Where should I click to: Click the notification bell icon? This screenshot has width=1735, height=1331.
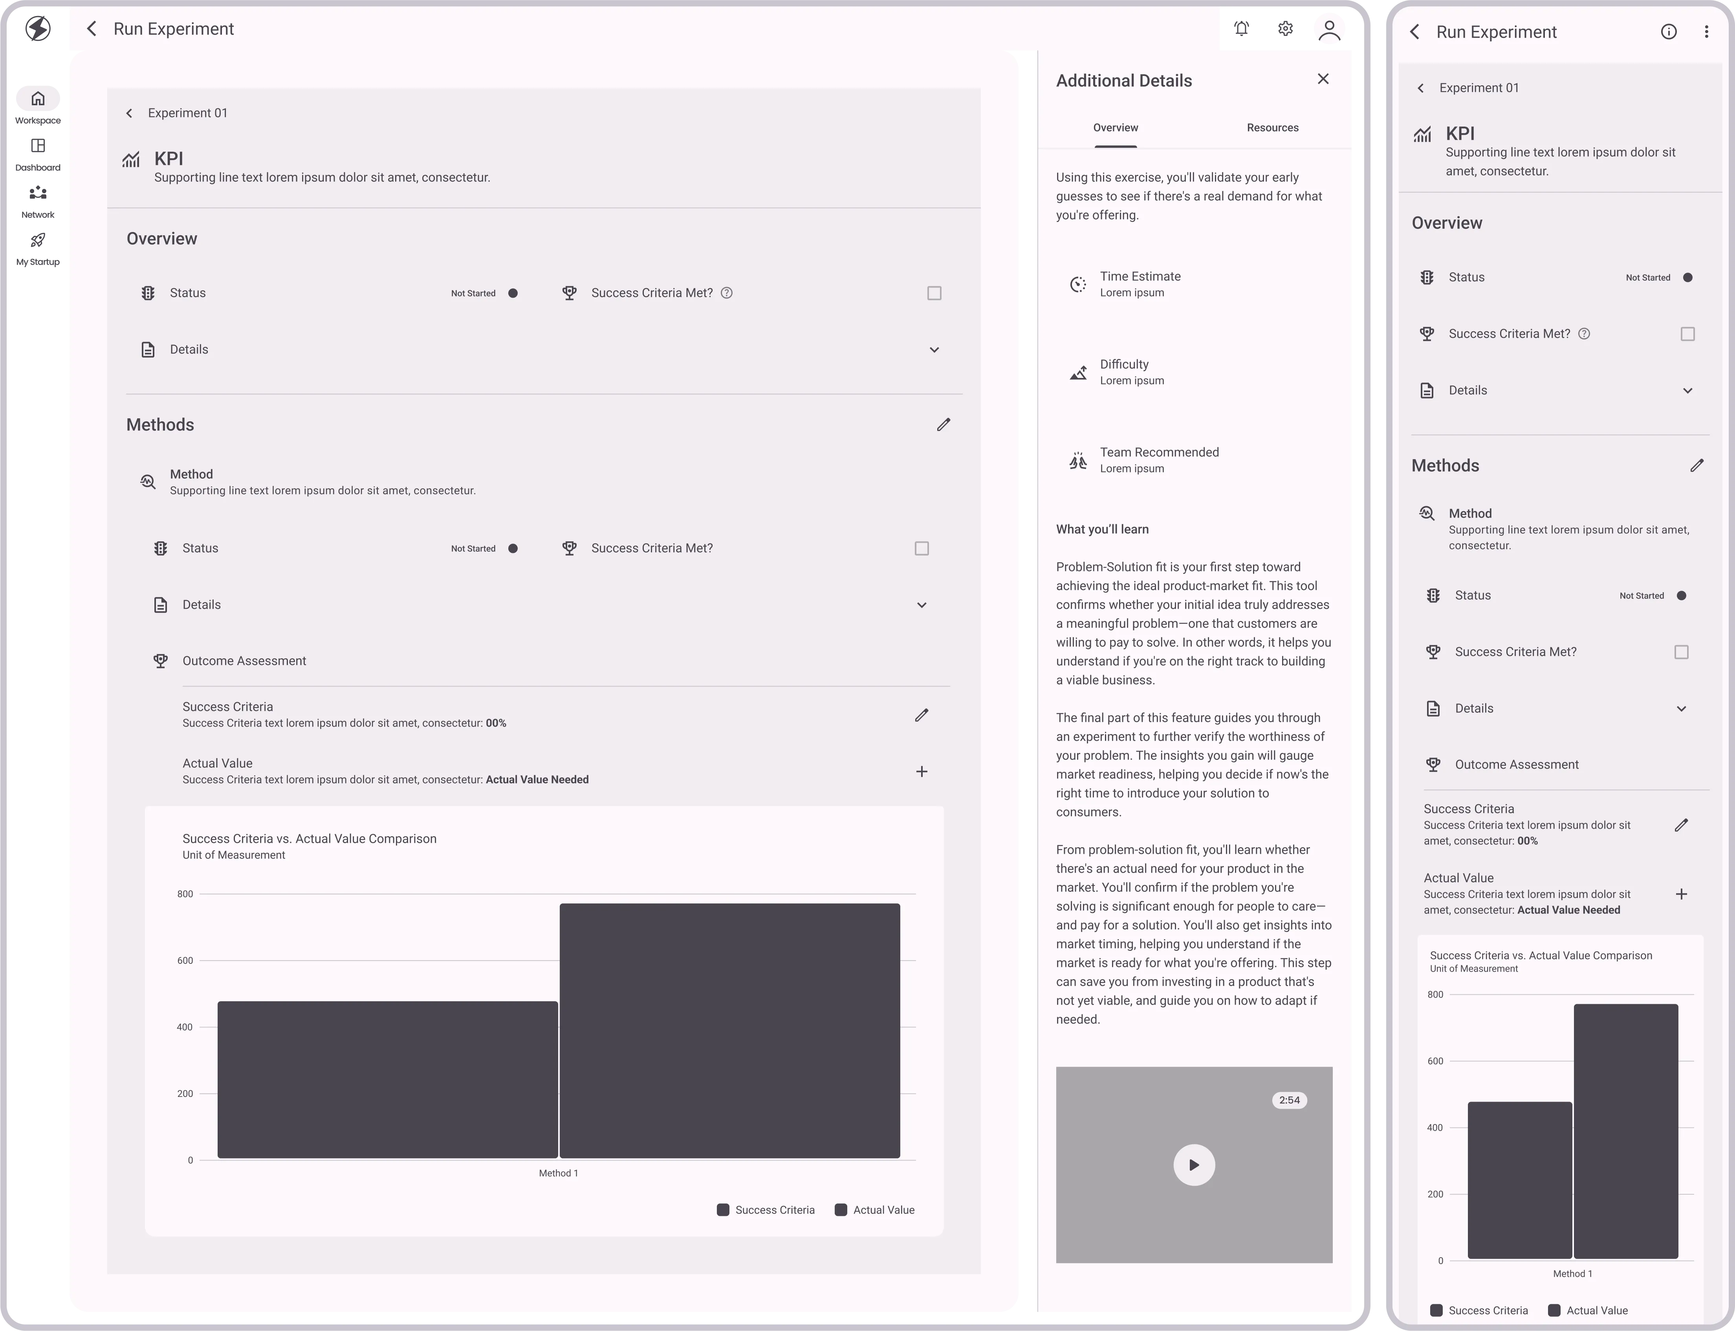pyautogui.click(x=1241, y=29)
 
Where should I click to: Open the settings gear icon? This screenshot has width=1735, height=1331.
pyautogui.click(x=1285, y=29)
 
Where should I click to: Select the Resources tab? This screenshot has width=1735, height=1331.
pyautogui.click(x=1272, y=128)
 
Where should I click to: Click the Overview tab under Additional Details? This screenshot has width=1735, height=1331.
pyautogui.click(x=1116, y=128)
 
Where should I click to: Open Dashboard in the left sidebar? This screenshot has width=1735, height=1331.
pyautogui.click(x=38, y=154)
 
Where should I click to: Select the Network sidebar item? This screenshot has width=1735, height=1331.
pyautogui.click(x=38, y=202)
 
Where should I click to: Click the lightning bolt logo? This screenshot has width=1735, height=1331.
pyautogui.click(x=38, y=29)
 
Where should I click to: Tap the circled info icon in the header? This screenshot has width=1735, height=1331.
pyautogui.click(x=1669, y=32)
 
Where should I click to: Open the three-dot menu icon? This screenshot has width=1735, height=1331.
pyautogui.click(x=1706, y=32)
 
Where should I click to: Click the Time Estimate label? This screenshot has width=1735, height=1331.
pyautogui.click(x=1140, y=276)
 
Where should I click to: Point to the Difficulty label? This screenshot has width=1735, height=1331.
pyautogui.click(x=1124, y=364)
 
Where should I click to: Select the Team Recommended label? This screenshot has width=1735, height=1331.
pyautogui.click(x=1159, y=452)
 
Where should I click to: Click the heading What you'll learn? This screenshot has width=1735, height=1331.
pyautogui.click(x=1102, y=529)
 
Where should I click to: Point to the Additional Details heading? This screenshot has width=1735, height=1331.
pyautogui.click(x=1123, y=81)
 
